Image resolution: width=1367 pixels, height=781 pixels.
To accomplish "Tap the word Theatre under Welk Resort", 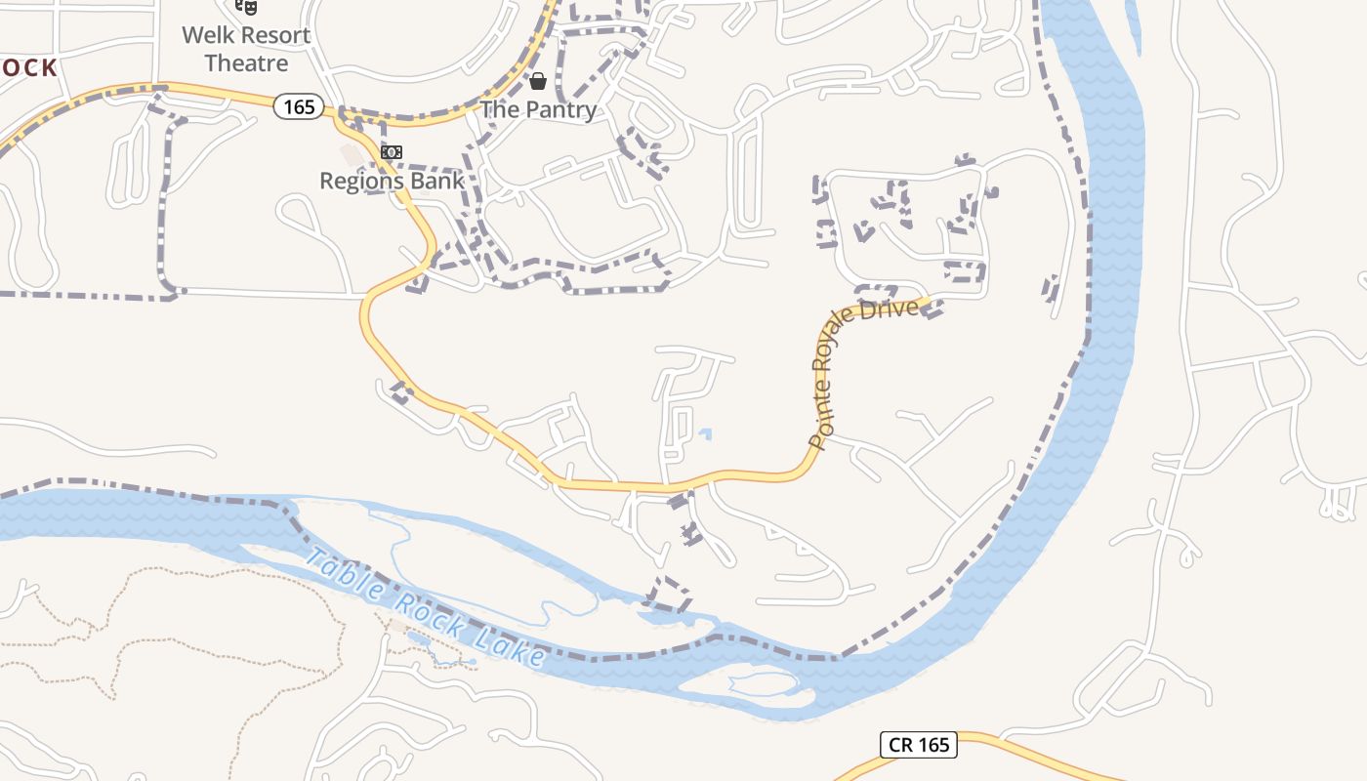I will click(247, 63).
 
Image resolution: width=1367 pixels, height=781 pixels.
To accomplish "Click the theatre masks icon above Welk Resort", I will click(247, 7).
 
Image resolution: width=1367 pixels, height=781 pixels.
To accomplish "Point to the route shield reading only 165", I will click(299, 105).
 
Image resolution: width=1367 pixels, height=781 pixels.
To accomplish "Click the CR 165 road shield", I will click(919, 745).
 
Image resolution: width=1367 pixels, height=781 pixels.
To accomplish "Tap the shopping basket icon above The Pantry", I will click(537, 81).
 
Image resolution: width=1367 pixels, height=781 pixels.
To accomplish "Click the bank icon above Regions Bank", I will click(392, 152).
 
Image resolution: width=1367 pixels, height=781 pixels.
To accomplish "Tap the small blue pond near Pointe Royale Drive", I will click(705, 433).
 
